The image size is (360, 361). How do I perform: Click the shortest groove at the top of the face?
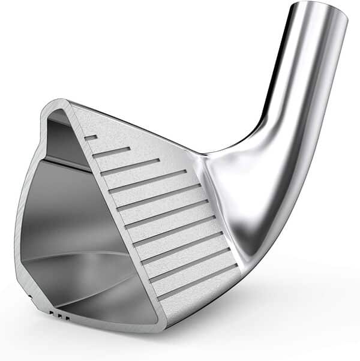click(x=91, y=138)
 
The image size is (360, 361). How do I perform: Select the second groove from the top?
click(x=111, y=152)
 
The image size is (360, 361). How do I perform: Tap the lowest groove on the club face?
click(x=197, y=281)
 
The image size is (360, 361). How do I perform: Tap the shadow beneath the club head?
click(x=240, y=312)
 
